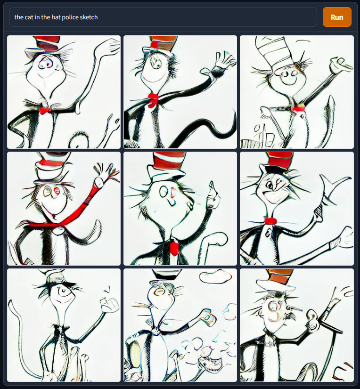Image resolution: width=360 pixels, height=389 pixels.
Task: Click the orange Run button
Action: click(x=336, y=17)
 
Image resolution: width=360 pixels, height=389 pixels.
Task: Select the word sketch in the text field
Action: click(x=89, y=17)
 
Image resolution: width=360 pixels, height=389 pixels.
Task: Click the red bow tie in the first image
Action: click(x=45, y=110)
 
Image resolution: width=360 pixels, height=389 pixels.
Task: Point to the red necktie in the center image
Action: click(x=174, y=247)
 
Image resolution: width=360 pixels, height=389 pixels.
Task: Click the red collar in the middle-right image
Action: click(x=270, y=221)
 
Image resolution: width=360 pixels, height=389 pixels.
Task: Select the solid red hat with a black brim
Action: click(x=280, y=163)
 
